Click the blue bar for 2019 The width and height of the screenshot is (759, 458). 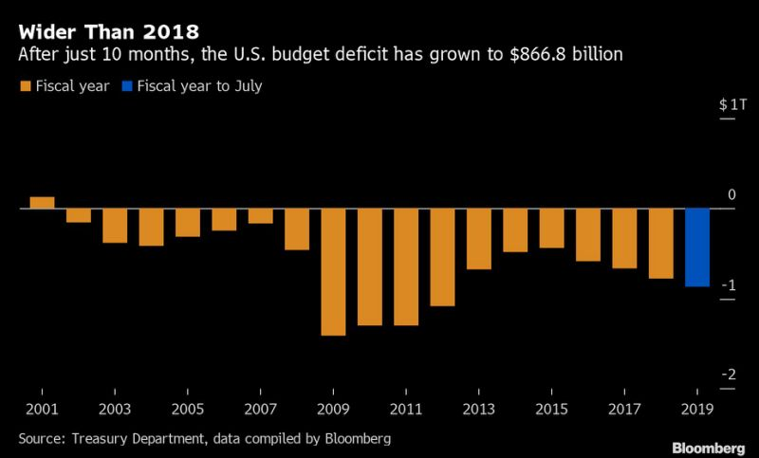click(697, 247)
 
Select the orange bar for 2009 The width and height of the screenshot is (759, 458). click(333, 271)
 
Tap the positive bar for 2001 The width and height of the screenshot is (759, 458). click(42, 202)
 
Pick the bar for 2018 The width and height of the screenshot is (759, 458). click(661, 243)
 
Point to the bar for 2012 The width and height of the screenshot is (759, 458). click(442, 257)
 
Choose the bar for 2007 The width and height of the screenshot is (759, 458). click(260, 215)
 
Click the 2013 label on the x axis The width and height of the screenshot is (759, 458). click(479, 410)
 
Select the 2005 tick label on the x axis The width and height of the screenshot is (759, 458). click(188, 410)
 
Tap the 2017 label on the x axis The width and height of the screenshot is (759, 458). click(624, 410)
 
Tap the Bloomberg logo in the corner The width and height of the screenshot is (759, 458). click(711, 446)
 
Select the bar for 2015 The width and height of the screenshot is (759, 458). click(551, 228)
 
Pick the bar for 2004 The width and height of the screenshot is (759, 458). click(151, 227)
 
